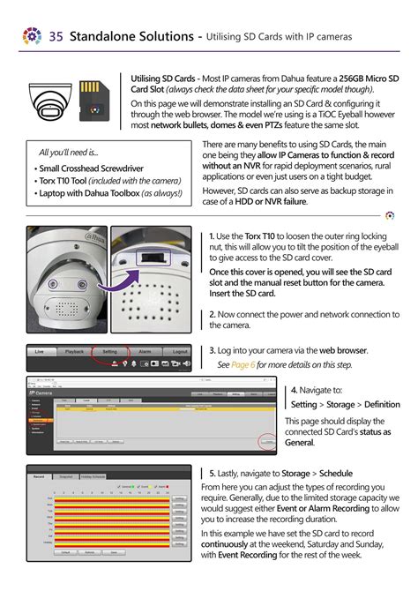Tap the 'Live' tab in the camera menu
(39, 351)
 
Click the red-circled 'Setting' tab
(109, 351)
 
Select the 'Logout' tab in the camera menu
(180, 351)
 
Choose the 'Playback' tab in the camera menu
(74, 351)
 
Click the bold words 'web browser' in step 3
(343, 350)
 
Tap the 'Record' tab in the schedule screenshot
(38, 476)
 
